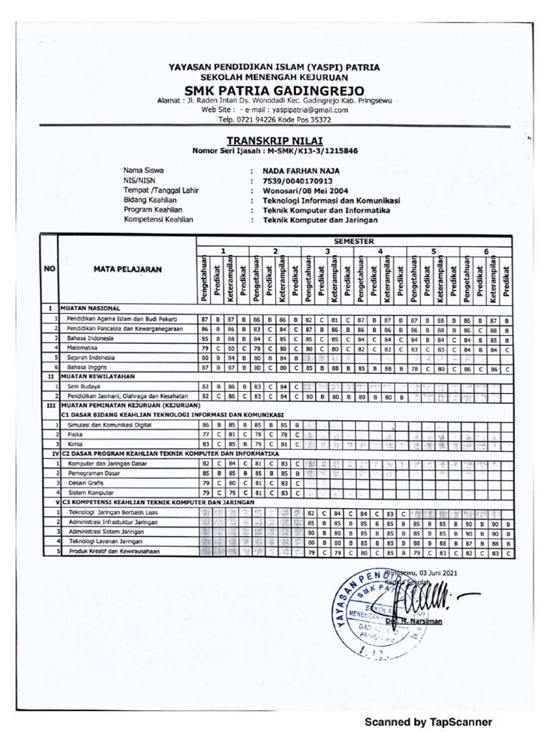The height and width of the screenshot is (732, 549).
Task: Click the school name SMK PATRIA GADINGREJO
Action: point(274,90)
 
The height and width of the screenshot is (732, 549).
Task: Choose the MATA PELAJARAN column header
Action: point(127,269)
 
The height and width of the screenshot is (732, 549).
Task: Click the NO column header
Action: point(49,269)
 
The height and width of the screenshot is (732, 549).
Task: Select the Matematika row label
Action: point(84,347)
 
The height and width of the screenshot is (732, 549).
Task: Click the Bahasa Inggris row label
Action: point(89,367)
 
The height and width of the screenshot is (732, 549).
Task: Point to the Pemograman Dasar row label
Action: point(94,473)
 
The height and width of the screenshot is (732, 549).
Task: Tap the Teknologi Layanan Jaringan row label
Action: point(105,543)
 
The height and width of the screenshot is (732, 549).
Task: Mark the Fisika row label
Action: point(75,434)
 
